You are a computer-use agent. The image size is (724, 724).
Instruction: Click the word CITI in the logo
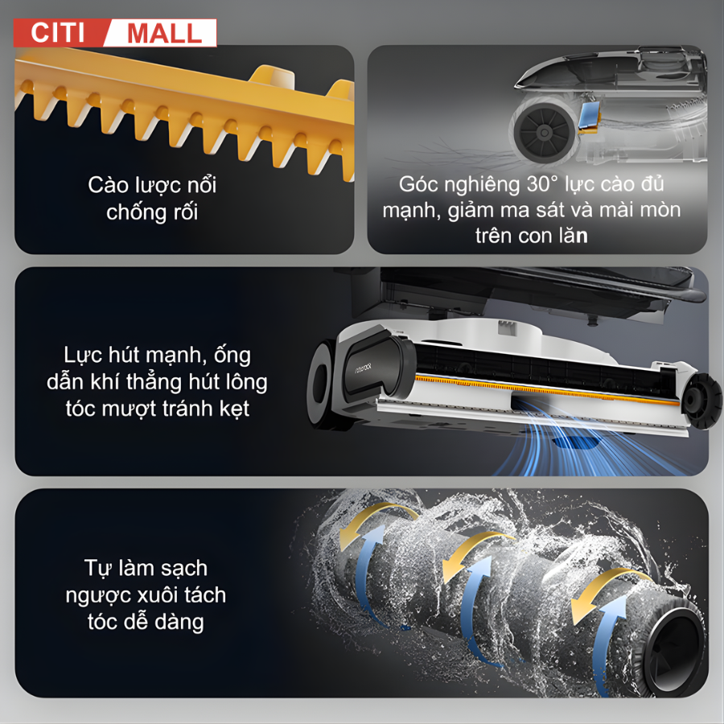(x=58, y=33)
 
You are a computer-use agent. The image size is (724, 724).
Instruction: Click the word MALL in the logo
(x=164, y=34)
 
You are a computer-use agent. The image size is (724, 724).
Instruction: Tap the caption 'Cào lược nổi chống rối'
(x=152, y=199)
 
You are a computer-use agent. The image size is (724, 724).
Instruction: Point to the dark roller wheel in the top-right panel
(x=545, y=133)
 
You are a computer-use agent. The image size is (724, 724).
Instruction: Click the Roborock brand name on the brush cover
(x=364, y=367)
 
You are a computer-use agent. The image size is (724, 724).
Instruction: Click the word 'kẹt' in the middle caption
(x=235, y=409)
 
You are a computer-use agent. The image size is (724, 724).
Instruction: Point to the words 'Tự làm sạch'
(x=146, y=569)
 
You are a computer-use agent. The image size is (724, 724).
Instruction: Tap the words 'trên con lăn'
(x=532, y=236)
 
